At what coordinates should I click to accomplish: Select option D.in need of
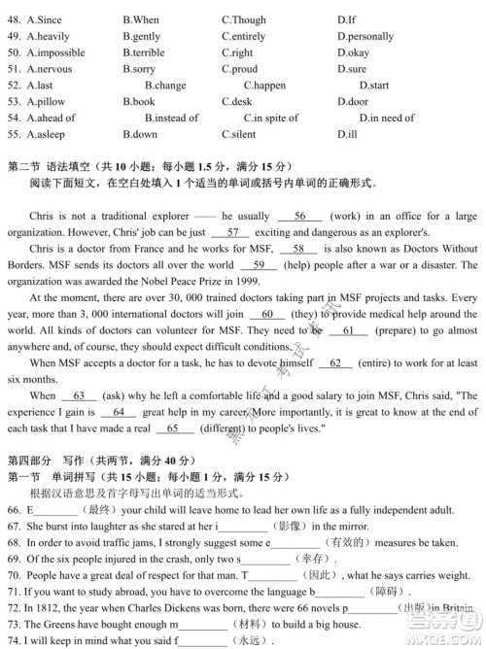pyautogui.click(x=386, y=118)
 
